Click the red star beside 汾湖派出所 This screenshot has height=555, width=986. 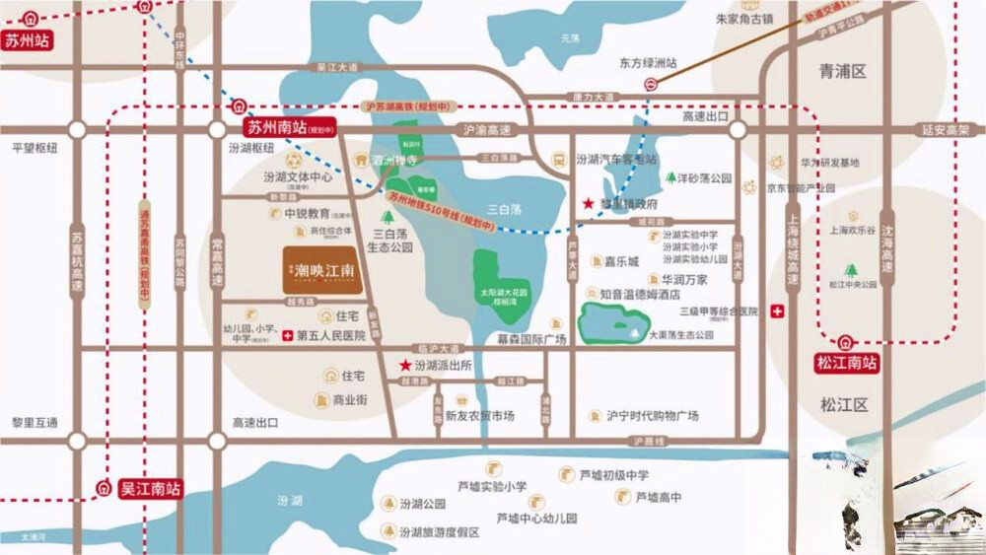tap(404, 365)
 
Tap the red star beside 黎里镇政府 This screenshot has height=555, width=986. tap(589, 203)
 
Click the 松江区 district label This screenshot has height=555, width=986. tap(843, 404)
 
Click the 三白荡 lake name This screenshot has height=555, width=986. tap(503, 196)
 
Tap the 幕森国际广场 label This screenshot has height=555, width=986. tap(531, 339)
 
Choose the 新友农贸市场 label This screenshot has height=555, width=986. tap(479, 416)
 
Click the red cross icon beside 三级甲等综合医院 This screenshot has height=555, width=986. tap(778, 312)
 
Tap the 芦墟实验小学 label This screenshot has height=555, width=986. tap(492, 486)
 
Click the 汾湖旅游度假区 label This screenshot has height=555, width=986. tap(440, 532)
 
